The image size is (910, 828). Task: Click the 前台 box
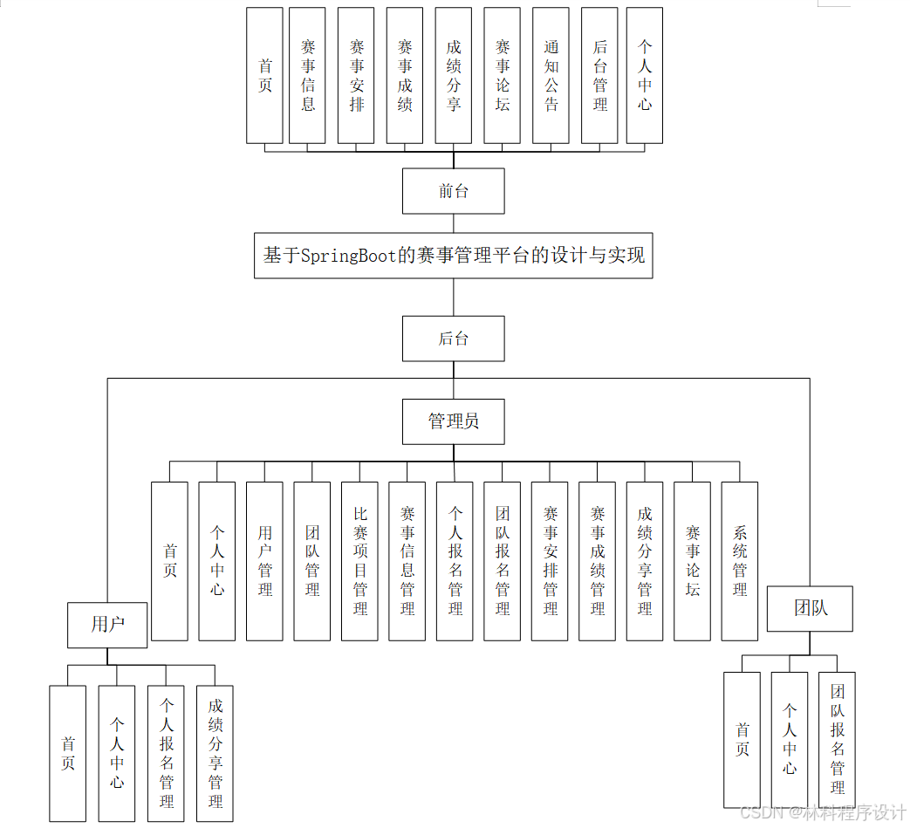coord(453,191)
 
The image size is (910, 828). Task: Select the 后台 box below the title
coord(453,339)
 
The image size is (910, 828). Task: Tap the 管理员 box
coord(453,421)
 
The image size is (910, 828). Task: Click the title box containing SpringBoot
coord(453,256)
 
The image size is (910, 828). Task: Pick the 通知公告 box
coord(551,76)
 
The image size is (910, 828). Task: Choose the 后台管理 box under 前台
coord(599,76)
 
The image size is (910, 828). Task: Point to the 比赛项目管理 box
coord(360,561)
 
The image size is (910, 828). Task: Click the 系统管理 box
coord(739,561)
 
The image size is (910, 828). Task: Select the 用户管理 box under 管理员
coord(264,561)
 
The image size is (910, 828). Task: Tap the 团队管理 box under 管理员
coord(312,561)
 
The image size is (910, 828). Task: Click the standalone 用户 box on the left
coord(107,625)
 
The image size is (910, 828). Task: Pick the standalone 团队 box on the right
coord(810,608)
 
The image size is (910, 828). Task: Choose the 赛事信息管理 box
coord(407,561)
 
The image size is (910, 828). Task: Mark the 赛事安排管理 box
coord(550,561)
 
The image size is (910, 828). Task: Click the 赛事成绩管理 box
coord(597,561)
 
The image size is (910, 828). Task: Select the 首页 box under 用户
coord(68,753)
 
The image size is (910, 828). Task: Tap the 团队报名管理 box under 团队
coord(837,739)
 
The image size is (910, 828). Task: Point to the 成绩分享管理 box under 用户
coord(215,753)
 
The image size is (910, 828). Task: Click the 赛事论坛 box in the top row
coord(503,76)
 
